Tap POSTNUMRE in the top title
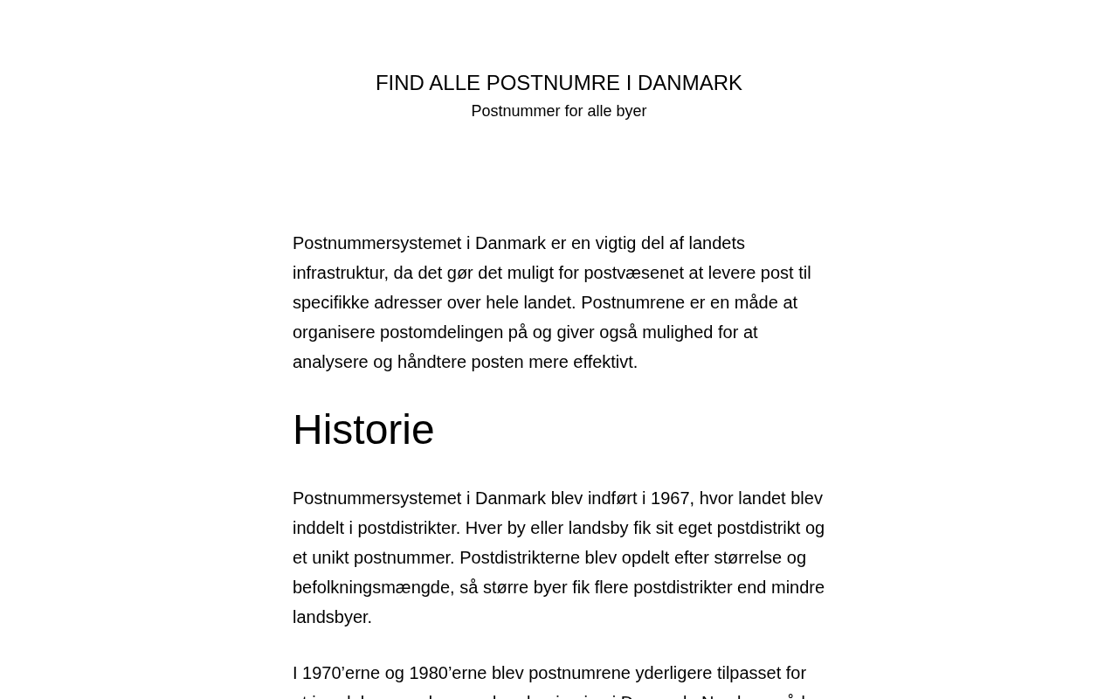coord(553,83)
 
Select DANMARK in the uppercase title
coord(689,83)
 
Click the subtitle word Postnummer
coord(515,111)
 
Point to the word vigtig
coord(616,243)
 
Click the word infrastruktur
coord(338,273)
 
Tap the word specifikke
coord(330,302)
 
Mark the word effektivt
coord(604,362)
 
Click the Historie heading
coord(363,430)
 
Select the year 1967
coord(670,498)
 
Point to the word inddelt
coord(318,528)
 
